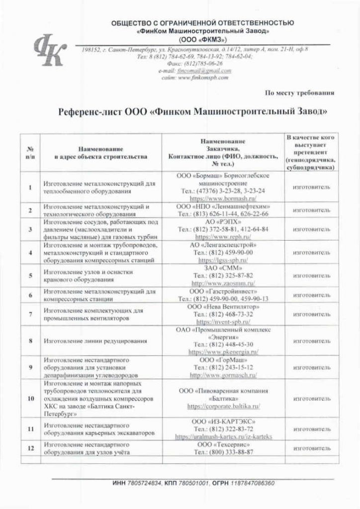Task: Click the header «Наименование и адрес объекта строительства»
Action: pyautogui.click(x=100, y=152)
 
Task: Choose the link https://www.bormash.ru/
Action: pyautogui.click(x=223, y=197)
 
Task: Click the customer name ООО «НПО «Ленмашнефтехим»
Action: pyautogui.click(x=223, y=206)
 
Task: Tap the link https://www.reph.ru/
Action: pyautogui.click(x=223, y=237)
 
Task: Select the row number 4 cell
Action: pyautogui.click(x=30, y=253)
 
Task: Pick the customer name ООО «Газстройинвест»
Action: pyautogui.click(x=223, y=291)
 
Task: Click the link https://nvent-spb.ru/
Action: pyautogui.click(x=223, y=322)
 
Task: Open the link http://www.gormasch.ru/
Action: pyautogui.click(x=223, y=375)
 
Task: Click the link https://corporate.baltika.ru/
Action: pyautogui.click(x=223, y=406)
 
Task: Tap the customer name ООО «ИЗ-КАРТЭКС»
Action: pyautogui.click(x=223, y=421)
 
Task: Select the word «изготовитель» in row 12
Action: pyautogui.click(x=311, y=448)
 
